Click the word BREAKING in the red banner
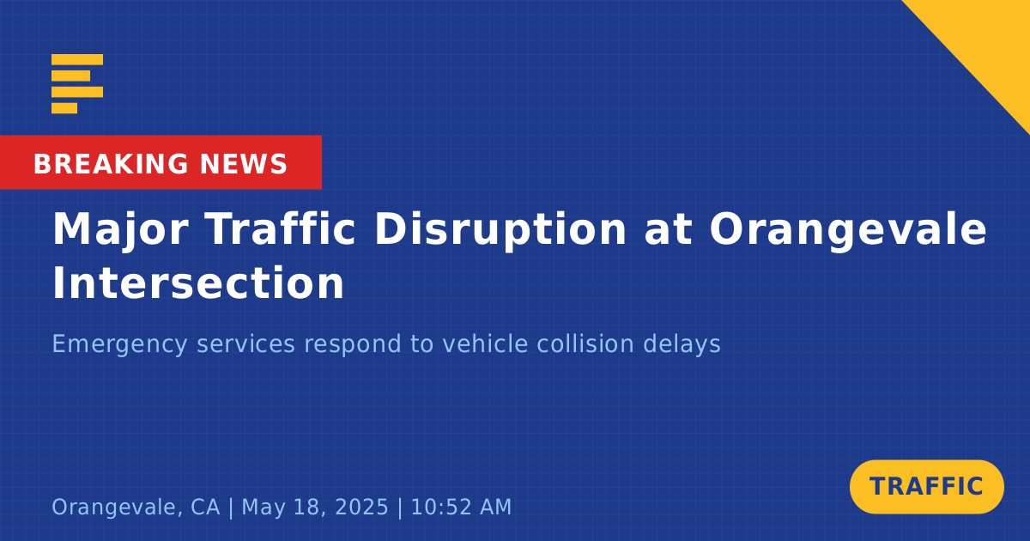[x=111, y=164]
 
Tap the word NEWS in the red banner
[x=244, y=164]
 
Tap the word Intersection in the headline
[x=198, y=283]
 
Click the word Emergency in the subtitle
[x=119, y=344]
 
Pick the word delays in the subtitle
[x=682, y=344]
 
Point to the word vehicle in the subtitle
[x=485, y=343]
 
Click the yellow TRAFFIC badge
[x=926, y=487]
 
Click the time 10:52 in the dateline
[x=440, y=507]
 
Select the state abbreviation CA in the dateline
[x=205, y=507]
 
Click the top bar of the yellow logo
[x=77, y=59]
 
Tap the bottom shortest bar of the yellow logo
[x=64, y=108]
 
